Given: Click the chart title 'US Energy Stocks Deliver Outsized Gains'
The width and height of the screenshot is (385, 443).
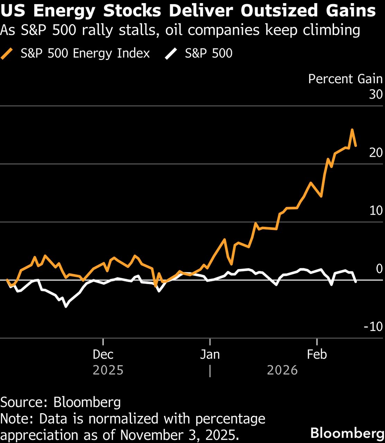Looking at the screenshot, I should pyautogui.click(x=188, y=11).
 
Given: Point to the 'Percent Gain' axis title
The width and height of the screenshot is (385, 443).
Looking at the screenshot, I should pyautogui.click(x=345, y=79).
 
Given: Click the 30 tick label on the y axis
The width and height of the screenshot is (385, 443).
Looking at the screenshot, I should pyautogui.click(x=376, y=94).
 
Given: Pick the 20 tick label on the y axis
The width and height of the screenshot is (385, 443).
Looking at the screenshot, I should pyautogui.click(x=376, y=153).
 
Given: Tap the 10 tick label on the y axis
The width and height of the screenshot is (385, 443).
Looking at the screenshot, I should pyautogui.click(x=376, y=210).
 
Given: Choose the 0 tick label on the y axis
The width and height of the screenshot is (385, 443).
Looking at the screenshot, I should pyautogui.click(x=379, y=268).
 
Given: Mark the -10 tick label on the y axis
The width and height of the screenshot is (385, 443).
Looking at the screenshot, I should pyautogui.click(x=373, y=327).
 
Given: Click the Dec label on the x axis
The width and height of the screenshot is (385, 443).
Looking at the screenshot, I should pyautogui.click(x=103, y=354).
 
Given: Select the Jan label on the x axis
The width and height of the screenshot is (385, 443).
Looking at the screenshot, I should pyautogui.click(x=210, y=354).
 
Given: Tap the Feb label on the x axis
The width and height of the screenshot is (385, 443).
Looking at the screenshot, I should pyautogui.click(x=317, y=354).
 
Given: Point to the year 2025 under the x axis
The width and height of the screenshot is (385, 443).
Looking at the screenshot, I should pyautogui.click(x=108, y=370).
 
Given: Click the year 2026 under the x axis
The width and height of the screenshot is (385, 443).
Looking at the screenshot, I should pyautogui.click(x=282, y=370).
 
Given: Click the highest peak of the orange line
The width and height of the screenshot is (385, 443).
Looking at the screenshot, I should pyautogui.click(x=352, y=130).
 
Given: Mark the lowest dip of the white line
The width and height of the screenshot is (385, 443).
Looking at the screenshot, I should pyautogui.click(x=66, y=306).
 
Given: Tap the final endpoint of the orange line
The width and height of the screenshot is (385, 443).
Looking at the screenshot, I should pyautogui.click(x=356, y=146).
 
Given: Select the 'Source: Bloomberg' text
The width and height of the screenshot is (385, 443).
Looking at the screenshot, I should pyautogui.click(x=61, y=402).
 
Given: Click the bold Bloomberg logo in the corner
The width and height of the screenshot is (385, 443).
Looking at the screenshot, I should pyautogui.click(x=347, y=433).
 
